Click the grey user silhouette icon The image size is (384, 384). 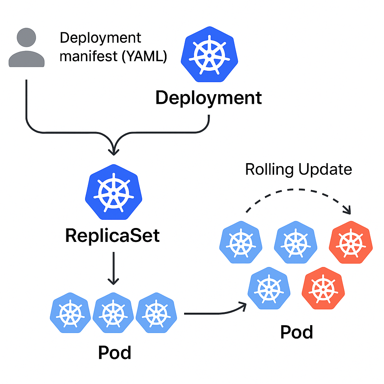[x=27, y=48]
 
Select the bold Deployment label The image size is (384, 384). [x=208, y=98]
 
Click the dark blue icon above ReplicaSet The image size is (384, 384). [x=113, y=193]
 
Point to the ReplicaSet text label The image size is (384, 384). [x=112, y=236]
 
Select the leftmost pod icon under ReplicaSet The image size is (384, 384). [x=70, y=312]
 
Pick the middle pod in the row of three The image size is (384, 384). [x=113, y=312]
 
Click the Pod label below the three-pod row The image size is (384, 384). [x=114, y=352]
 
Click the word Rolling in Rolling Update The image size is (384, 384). [x=265, y=169]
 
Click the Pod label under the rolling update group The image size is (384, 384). [x=297, y=332]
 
